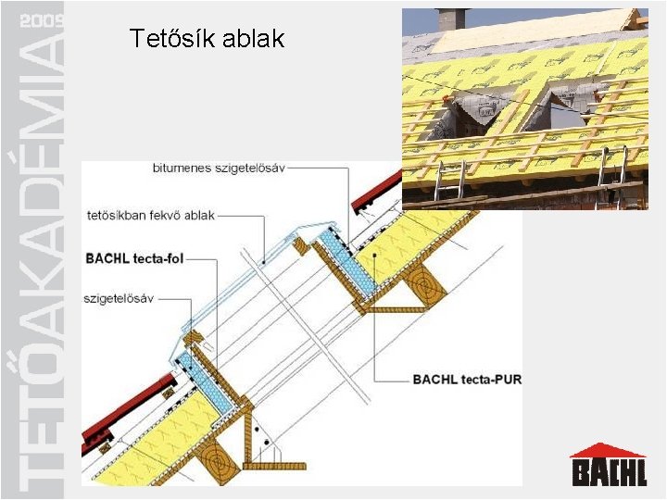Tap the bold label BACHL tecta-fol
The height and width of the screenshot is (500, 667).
[x=134, y=258]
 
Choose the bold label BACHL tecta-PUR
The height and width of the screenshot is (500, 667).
[x=467, y=379]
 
